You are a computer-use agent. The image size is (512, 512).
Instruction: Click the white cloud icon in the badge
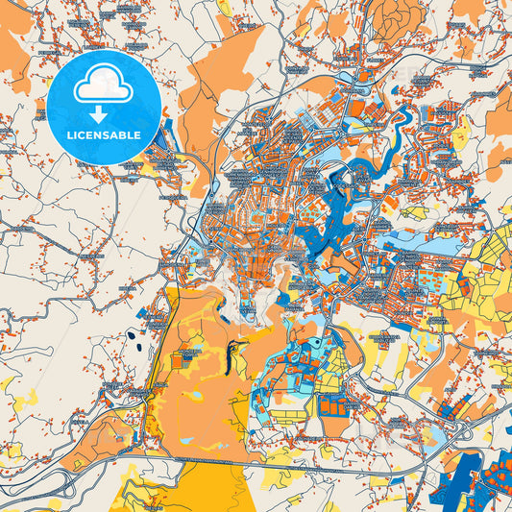[104, 85]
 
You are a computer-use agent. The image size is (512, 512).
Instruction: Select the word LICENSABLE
[104, 134]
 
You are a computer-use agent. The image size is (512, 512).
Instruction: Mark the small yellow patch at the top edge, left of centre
[223, 8]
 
